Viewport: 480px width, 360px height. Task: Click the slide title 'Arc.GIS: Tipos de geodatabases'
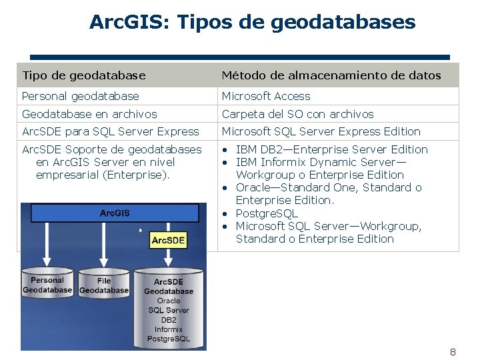coord(252,23)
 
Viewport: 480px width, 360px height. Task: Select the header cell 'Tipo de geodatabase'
coord(84,75)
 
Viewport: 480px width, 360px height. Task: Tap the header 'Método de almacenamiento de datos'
coord(331,75)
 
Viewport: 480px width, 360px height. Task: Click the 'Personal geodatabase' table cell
coord(81,96)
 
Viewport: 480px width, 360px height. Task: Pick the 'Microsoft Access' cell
coord(266,96)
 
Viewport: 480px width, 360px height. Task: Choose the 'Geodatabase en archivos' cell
coord(89,114)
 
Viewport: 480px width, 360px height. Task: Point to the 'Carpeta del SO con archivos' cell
coord(297,114)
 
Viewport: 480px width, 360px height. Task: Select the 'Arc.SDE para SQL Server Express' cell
coord(111,131)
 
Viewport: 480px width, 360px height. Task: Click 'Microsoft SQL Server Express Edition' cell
coord(321,131)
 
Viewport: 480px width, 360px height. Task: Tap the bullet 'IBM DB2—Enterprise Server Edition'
coord(331,149)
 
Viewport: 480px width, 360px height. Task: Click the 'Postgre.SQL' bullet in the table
coord(267,213)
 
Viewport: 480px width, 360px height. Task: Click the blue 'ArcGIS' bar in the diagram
coord(114,213)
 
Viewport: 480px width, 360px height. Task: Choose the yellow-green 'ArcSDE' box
coord(169,240)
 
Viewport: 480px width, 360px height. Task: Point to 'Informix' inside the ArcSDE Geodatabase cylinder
coord(169,329)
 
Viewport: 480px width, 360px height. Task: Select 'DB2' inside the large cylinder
coord(169,320)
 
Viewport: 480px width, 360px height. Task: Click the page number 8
coord(453,352)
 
